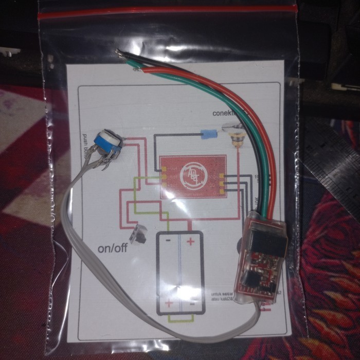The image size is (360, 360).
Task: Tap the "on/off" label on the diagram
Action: (x=113, y=248)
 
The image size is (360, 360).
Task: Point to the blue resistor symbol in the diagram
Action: (x=209, y=136)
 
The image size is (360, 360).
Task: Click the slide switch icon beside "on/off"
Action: (x=139, y=235)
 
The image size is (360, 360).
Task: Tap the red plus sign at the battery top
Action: (x=190, y=241)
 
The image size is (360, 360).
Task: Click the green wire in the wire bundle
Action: (x=257, y=129)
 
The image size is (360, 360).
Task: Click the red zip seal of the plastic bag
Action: (x=170, y=12)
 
